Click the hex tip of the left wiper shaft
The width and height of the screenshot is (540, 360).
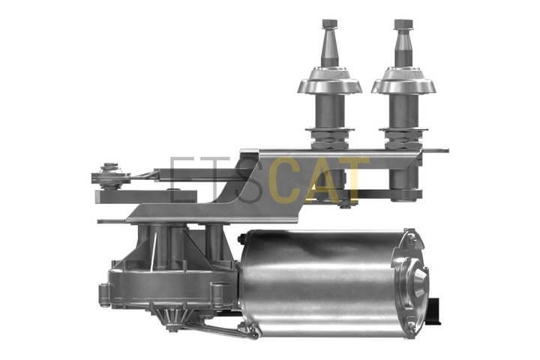point(329,24)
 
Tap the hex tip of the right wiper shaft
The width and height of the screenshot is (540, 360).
point(403,24)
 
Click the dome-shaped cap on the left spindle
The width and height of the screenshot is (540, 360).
point(329,80)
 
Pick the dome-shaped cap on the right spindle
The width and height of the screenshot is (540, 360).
point(403,80)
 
